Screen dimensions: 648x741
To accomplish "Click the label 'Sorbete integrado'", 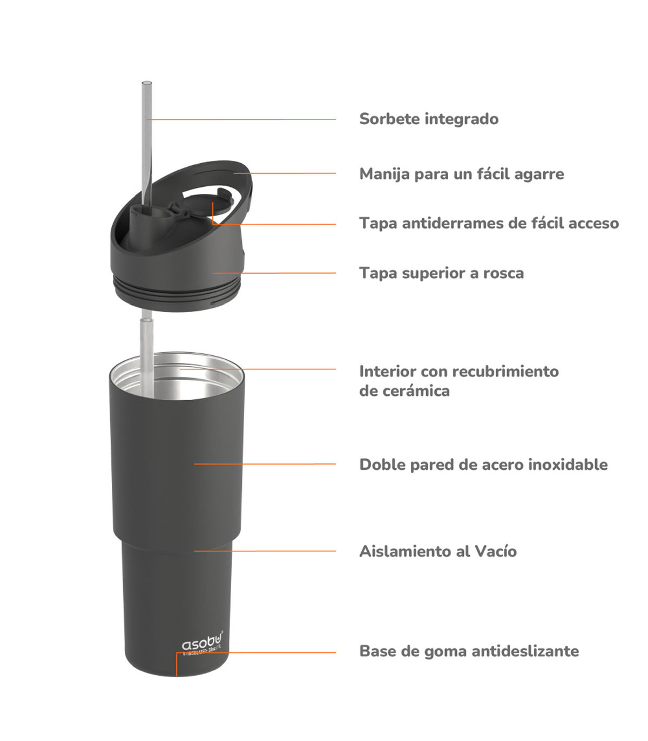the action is (429, 119).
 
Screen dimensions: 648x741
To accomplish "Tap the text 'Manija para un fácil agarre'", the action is (462, 174).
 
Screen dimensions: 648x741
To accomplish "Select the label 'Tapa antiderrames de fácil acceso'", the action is (489, 223).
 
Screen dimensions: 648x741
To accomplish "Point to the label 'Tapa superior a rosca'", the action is (441, 273).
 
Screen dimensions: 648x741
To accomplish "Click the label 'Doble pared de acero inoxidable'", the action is (483, 464).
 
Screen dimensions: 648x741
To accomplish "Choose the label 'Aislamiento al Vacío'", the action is (438, 551).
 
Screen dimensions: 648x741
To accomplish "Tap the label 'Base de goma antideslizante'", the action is (469, 651).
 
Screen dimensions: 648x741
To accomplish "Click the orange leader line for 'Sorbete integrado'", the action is (241, 119).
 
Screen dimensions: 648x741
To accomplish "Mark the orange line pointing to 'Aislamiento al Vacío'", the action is (265, 551).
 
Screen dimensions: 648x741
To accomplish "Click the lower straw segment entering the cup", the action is (147, 357).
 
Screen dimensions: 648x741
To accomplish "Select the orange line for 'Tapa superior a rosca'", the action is (274, 273).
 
